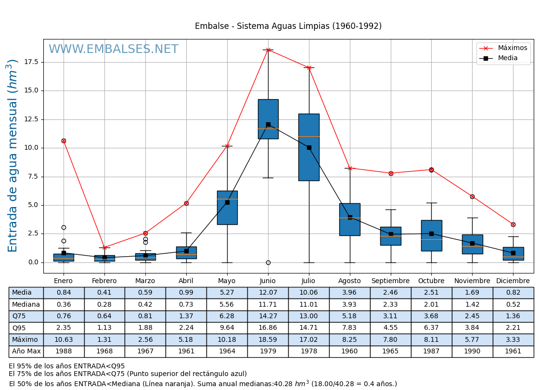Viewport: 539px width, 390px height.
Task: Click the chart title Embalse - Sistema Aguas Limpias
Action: pyautogui.click(x=288, y=26)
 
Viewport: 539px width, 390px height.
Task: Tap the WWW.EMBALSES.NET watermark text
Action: pyautogui.click(x=114, y=50)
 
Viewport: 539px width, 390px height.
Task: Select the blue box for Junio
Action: pyautogui.click(x=268, y=119)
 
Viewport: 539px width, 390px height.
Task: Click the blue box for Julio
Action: pyautogui.click(x=309, y=147)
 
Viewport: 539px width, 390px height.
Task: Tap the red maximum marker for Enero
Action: pyautogui.click(x=64, y=141)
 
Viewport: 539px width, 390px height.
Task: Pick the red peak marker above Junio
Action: pyautogui.click(x=268, y=50)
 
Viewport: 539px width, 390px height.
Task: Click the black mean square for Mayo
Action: pyautogui.click(x=227, y=202)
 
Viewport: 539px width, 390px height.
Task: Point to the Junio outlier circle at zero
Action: pyautogui.click(x=268, y=262)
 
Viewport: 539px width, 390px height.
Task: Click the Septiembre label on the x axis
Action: pyautogui.click(x=390, y=281)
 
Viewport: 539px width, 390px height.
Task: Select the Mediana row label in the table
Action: pyautogui.click(x=26, y=304)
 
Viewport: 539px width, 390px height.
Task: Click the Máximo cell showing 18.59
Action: pyautogui.click(x=268, y=339)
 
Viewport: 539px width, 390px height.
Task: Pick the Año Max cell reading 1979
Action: pyautogui.click(x=268, y=351)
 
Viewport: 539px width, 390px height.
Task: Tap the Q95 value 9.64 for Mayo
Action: pyautogui.click(x=227, y=328)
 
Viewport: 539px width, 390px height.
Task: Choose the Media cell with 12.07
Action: pyautogui.click(x=268, y=293)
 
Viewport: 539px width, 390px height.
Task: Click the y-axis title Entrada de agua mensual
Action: pyautogui.click(x=13, y=156)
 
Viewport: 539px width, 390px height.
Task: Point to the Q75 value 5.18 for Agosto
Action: pyautogui.click(x=349, y=316)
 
